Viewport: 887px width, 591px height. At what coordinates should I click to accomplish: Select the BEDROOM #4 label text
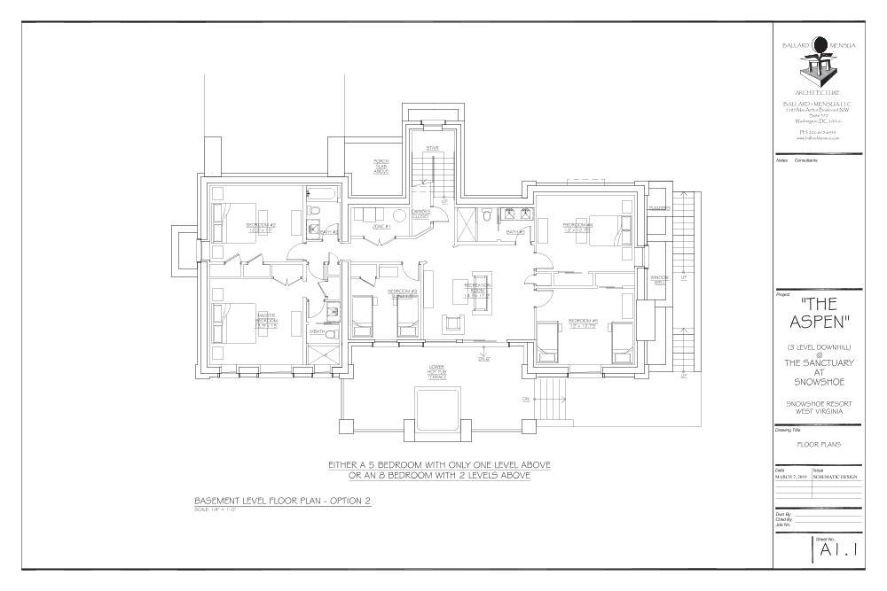coord(577,226)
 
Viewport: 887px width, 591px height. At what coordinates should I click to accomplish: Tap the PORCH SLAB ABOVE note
coord(381,166)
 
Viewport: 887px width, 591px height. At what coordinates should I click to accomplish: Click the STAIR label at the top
coord(433,148)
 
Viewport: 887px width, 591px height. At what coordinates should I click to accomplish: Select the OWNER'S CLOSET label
coord(420,213)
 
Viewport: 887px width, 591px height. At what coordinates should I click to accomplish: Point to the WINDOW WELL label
coord(659,279)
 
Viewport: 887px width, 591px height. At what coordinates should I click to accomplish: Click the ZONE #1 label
coord(382,227)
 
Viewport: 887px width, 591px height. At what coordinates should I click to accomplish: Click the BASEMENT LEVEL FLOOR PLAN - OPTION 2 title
coord(282,501)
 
